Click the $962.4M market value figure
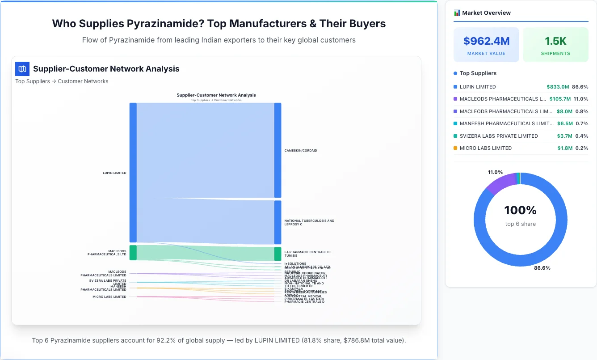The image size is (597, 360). pyautogui.click(x=486, y=41)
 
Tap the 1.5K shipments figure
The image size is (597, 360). pyautogui.click(x=555, y=41)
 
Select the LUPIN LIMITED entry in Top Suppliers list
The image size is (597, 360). pyautogui.click(x=478, y=87)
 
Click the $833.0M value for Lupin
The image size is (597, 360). pyautogui.click(x=558, y=87)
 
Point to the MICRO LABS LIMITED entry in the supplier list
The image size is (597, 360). pyautogui.click(x=486, y=148)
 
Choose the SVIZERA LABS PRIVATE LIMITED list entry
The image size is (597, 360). pyautogui.click(x=499, y=136)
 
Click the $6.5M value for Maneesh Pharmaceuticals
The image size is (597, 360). pyautogui.click(x=564, y=123)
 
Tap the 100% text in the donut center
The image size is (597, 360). pyautogui.click(x=520, y=210)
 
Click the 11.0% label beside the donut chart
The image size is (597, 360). pyautogui.click(x=495, y=172)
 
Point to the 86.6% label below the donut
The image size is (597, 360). pyautogui.click(x=542, y=268)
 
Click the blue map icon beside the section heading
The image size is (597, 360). pyautogui.click(x=22, y=69)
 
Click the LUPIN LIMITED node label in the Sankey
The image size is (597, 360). pyautogui.click(x=114, y=173)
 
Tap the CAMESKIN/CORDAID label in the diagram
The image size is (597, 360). pyautogui.click(x=301, y=151)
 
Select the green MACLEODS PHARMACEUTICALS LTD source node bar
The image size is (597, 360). pyautogui.click(x=133, y=253)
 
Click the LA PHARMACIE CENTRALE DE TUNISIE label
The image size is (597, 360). pyautogui.click(x=307, y=254)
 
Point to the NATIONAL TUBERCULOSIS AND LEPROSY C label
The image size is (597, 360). pyautogui.click(x=309, y=222)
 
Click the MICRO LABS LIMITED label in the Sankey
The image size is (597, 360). pyautogui.click(x=109, y=297)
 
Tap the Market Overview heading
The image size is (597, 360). pyautogui.click(x=486, y=13)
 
